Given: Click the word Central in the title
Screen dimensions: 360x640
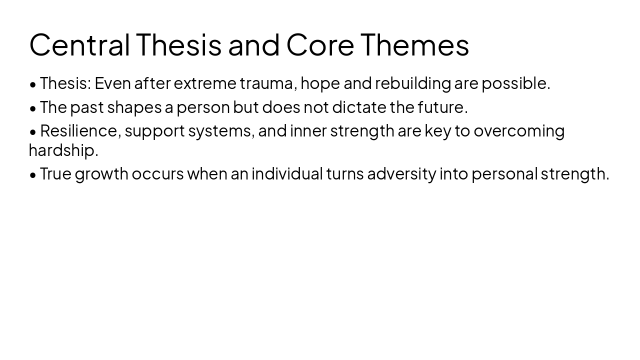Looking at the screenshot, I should coord(79,44).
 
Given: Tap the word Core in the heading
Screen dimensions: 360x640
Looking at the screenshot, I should coord(320,44).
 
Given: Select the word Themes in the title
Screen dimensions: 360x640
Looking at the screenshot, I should coord(414,44).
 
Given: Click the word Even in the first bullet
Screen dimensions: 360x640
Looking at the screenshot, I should coord(112,83).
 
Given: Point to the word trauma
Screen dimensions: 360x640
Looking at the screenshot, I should coord(268,83).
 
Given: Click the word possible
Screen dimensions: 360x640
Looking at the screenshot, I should coord(515,83).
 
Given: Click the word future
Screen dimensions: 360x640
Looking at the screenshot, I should coord(442,107).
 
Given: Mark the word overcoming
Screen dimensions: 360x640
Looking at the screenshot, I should coord(519,131).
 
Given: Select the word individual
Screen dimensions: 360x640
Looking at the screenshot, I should coord(287,173).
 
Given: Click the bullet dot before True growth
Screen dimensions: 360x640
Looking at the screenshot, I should coord(33,174).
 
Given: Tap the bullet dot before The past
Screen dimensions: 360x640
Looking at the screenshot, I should coord(33,108).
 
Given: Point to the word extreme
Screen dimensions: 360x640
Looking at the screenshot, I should coord(205,83).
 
